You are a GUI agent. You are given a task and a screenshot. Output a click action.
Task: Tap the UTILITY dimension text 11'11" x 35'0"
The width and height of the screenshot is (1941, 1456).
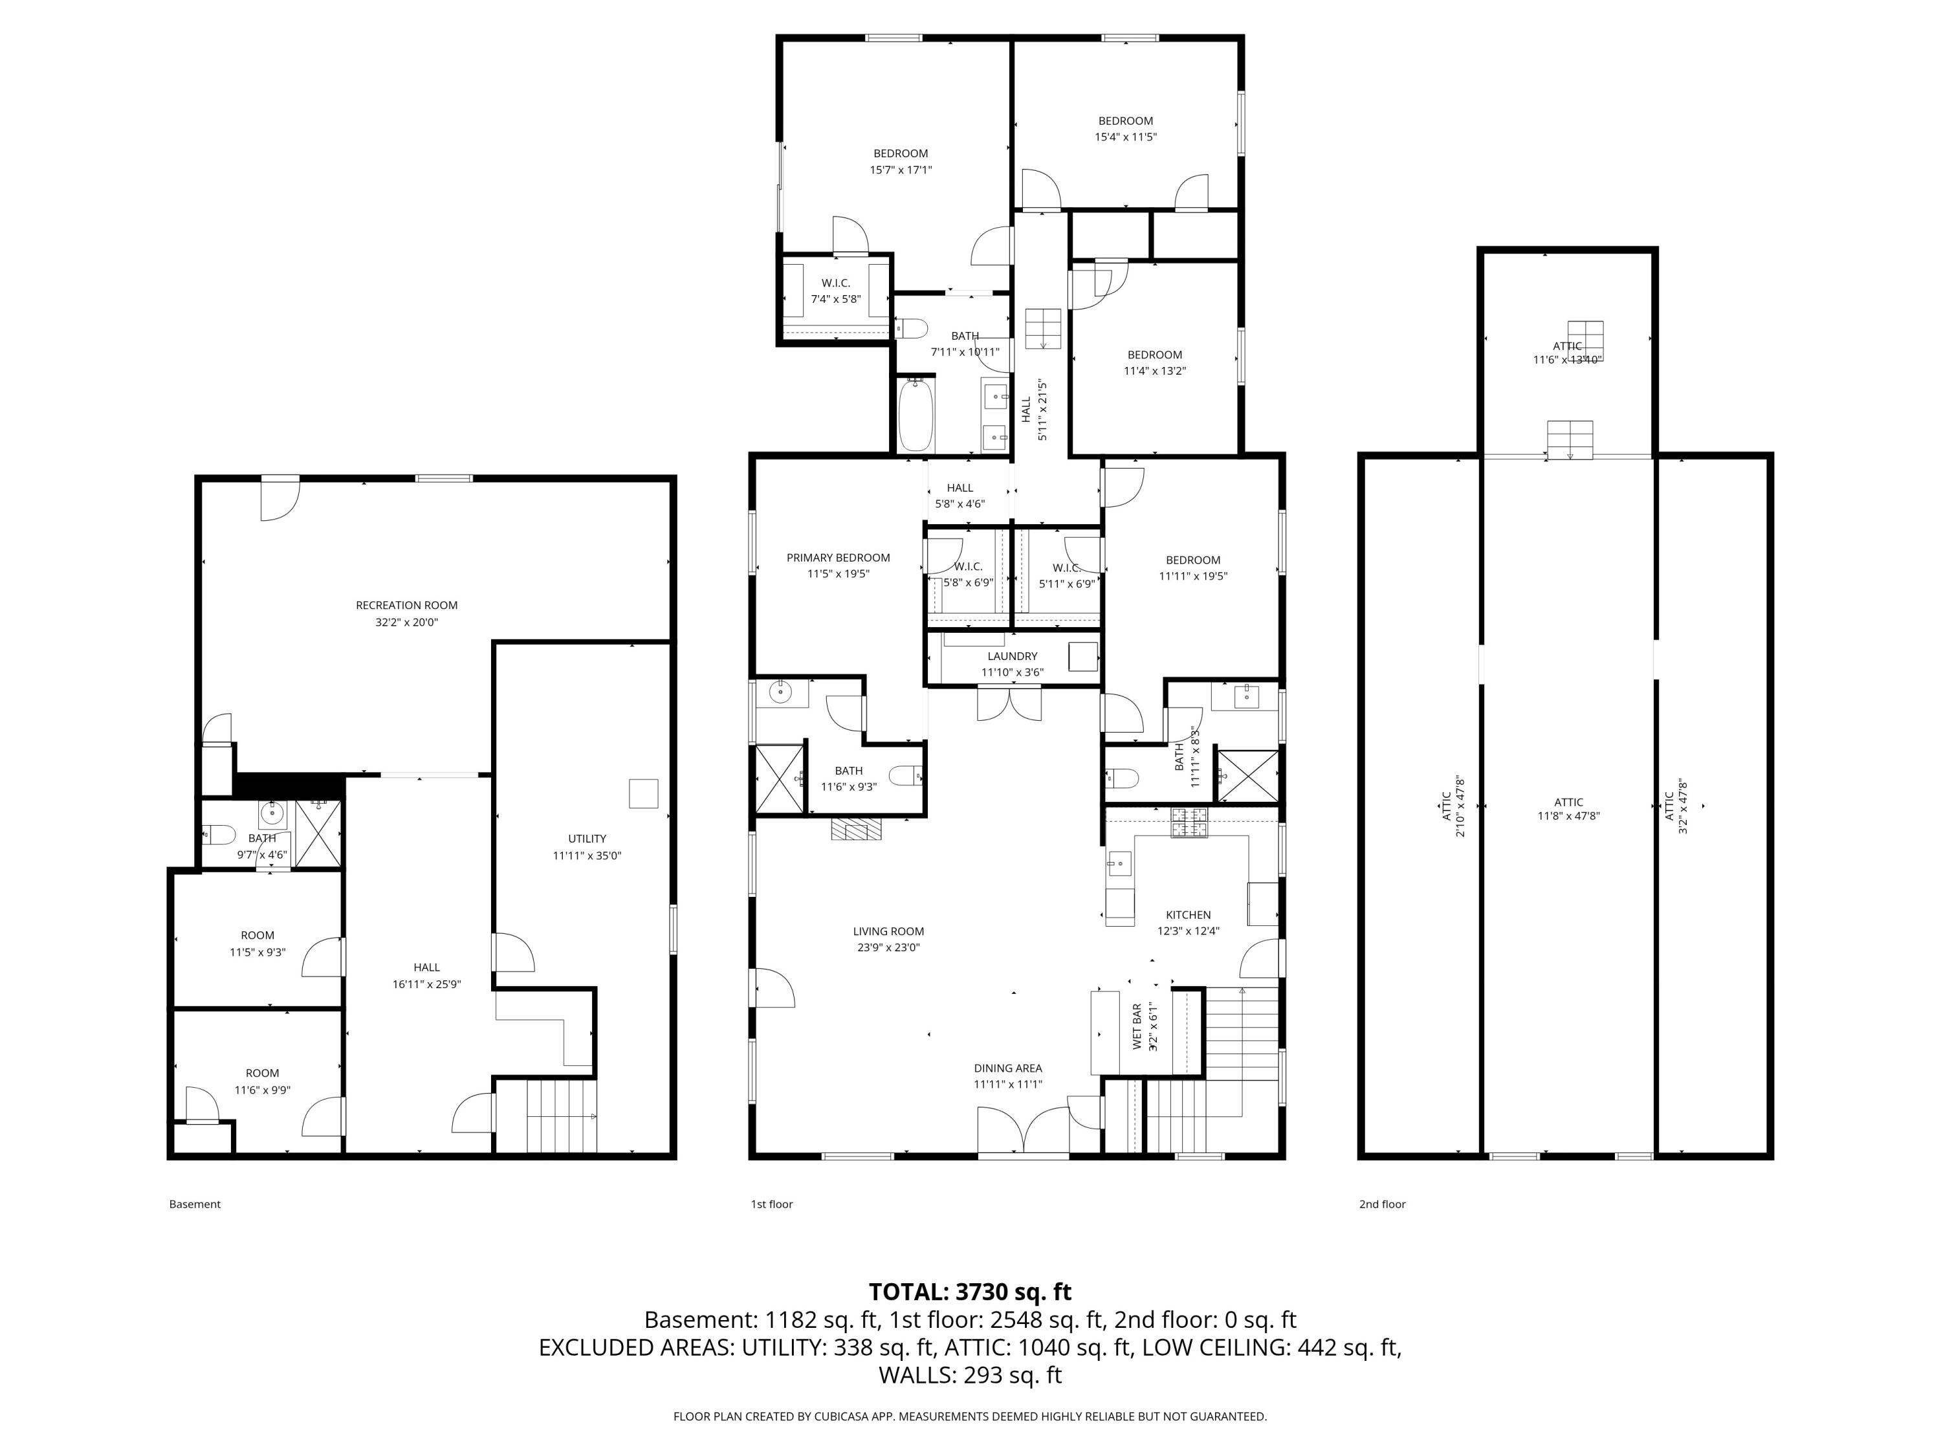point(586,855)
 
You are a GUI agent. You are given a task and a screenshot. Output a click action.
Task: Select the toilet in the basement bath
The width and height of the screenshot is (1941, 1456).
point(219,833)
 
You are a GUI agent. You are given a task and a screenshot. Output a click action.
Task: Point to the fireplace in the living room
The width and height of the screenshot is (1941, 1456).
point(855,830)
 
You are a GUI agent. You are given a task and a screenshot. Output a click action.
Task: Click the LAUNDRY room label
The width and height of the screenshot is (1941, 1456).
point(1012,656)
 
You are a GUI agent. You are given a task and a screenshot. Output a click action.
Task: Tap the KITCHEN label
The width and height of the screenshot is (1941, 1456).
point(1188,914)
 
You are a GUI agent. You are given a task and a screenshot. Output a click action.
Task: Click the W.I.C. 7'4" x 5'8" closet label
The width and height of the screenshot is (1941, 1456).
point(835,283)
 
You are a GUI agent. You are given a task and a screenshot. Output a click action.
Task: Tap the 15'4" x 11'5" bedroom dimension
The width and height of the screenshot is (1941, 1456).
point(1125,137)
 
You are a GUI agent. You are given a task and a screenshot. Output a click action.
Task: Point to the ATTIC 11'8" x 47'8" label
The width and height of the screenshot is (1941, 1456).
point(1568,802)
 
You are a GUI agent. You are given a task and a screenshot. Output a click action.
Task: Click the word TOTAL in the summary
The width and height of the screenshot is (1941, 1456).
point(907,1292)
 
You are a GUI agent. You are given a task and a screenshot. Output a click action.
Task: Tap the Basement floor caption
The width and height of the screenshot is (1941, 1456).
point(195,1204)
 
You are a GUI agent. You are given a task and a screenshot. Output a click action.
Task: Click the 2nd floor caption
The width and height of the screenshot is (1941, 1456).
point(1382,1204)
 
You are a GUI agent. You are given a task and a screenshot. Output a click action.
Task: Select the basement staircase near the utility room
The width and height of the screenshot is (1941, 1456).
point(560,1116)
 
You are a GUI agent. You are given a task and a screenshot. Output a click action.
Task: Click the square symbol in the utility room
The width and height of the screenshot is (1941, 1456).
point(643,793)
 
